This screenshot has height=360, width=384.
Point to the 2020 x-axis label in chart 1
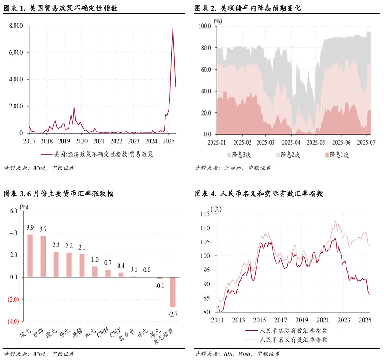click(81, 141)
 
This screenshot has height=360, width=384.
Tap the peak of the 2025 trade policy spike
click(173, 27)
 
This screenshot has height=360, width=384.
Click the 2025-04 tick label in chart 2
click(292, 143)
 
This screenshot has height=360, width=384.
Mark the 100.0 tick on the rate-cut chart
click(204, 26)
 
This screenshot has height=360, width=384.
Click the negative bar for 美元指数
click(173, 292)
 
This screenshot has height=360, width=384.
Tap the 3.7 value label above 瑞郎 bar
click(43, 228)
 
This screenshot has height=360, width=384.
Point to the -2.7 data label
click(173, 314)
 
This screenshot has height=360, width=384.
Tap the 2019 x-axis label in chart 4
click(302, 320)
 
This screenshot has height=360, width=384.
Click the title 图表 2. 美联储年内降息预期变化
click(248, 8)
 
